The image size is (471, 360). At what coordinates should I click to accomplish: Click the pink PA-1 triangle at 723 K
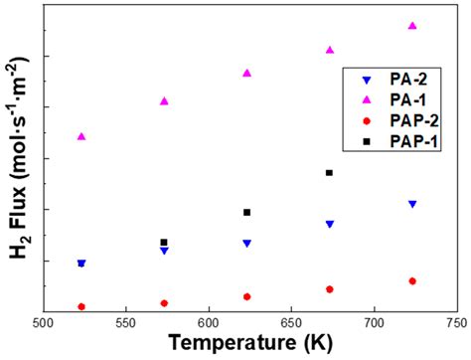tap(412, 26)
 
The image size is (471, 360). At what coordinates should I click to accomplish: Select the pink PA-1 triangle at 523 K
tap(81, 136)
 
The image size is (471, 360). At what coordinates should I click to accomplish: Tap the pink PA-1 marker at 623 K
tap(246, 73)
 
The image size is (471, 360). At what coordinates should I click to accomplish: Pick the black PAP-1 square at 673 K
tap(329, 173)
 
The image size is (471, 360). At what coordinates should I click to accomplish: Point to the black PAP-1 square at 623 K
tap(246, 212)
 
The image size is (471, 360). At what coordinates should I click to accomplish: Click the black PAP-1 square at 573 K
tap(164, 243)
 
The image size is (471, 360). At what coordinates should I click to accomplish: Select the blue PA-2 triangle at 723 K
tap(412, 204)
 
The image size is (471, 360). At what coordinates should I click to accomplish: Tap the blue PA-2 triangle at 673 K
tap(329, 224)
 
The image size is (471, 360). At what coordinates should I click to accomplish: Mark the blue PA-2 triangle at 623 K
tap(246, 243)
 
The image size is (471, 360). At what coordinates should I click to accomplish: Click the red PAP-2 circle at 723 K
tap(412, 281)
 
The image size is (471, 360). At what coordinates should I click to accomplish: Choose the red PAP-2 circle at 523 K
tap(81, 306)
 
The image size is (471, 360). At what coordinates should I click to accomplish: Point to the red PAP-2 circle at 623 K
tap(246, 296)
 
